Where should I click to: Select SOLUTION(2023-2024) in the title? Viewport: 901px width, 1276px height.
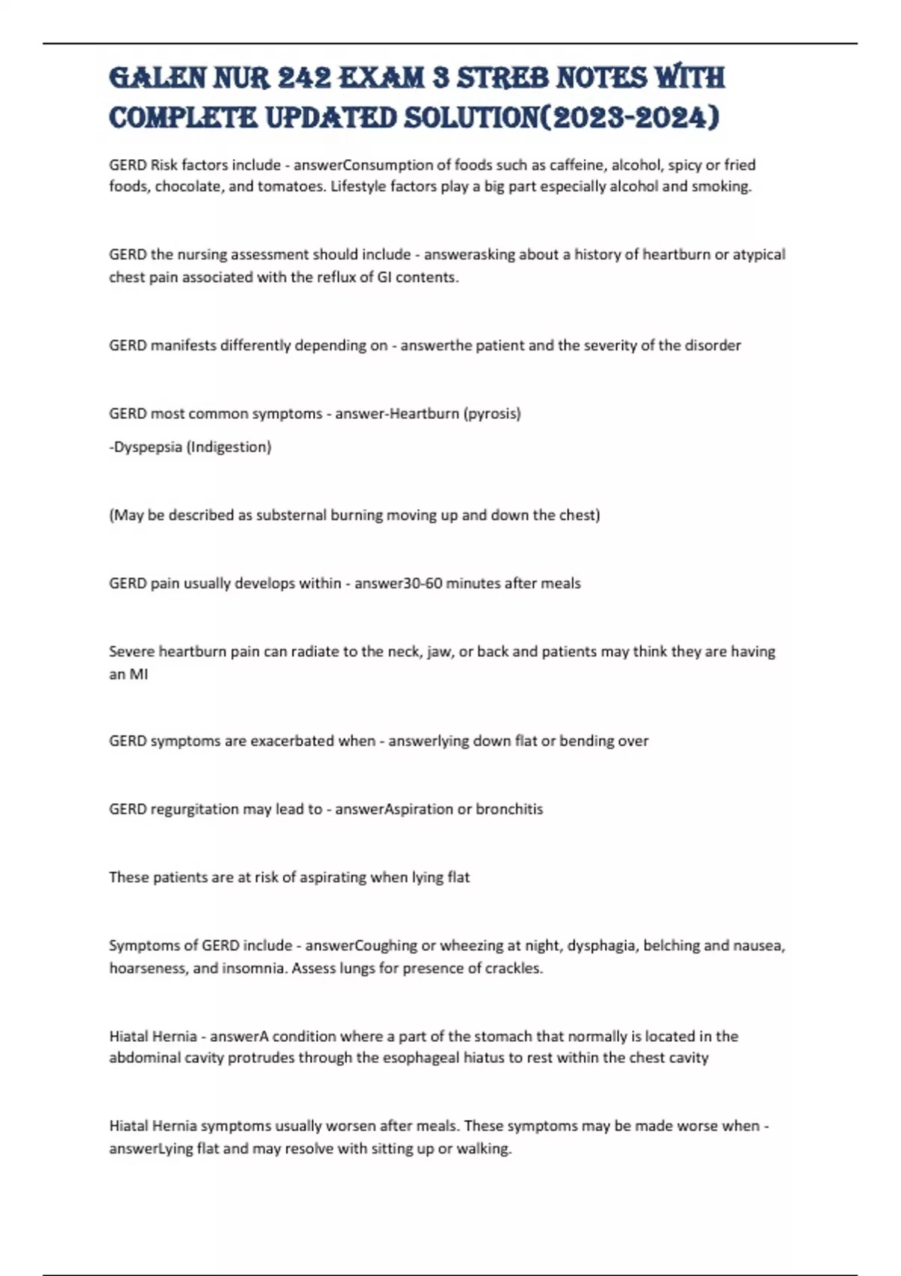pos(561,118)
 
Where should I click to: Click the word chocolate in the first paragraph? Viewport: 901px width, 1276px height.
pos(188,186)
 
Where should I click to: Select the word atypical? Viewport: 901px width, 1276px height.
pos(759,254)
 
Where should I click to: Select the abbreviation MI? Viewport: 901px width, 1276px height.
pos(139,674)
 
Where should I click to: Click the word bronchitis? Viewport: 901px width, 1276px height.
pos(509,809)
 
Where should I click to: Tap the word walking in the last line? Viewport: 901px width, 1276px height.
pos(485,1149)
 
